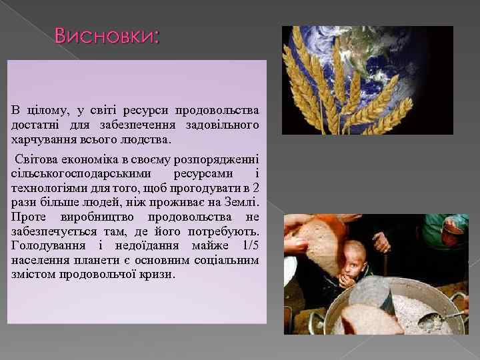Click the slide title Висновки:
click(107, 36)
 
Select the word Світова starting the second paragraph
click(37, 159)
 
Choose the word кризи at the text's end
click(157, 274)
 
